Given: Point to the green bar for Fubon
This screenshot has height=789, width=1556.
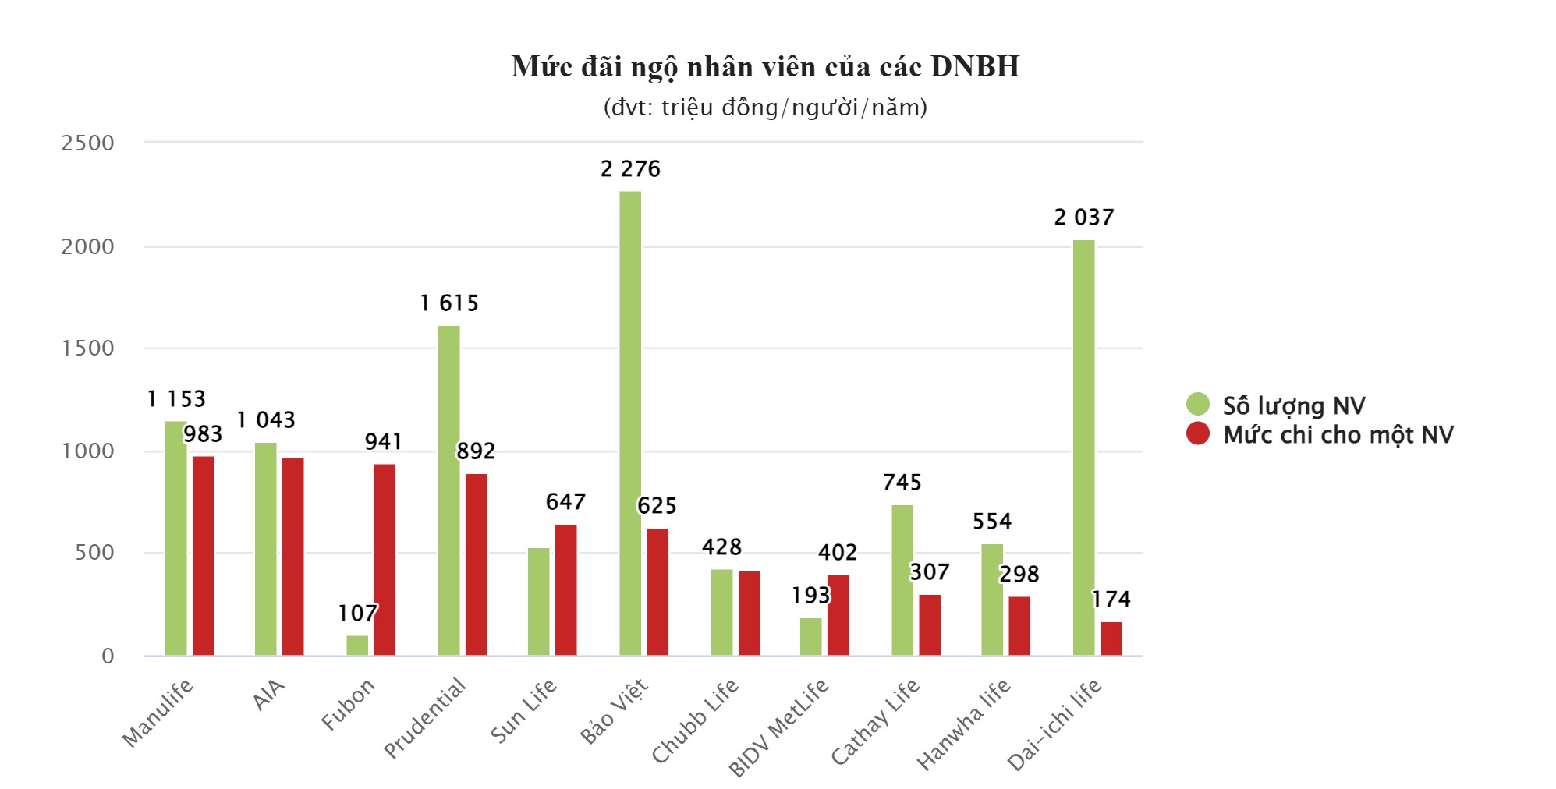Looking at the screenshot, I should [x=357, y=645].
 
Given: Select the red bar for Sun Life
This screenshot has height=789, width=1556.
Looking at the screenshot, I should [x=565, y=589].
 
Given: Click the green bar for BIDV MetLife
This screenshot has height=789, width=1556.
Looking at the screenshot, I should [x=810, y=636].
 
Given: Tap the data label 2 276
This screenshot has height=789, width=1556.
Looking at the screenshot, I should [x=630, y=169].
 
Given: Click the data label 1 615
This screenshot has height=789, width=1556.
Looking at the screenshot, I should [x=448, y=303].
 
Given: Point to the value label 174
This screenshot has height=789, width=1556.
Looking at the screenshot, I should [x=1111, y=599].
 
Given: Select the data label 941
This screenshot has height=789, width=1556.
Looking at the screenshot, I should [x=384, y=442].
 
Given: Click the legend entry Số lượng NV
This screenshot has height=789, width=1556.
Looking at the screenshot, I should [x=1293, y=405].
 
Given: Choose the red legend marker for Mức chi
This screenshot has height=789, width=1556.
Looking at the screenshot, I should [x=1197, y=433].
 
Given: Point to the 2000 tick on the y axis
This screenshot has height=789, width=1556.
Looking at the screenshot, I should [x=87, y=246].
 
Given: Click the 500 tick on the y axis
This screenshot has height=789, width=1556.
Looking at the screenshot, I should [x=94, y=553].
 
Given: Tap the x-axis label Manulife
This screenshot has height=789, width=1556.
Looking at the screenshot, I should [x=158, y=713].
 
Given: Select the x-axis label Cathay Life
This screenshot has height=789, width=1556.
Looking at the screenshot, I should [x=875, y=721].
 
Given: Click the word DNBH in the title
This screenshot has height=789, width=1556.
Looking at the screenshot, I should [x=974, y=67].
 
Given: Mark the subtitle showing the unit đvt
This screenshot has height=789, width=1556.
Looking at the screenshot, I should [x=765, y=108].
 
